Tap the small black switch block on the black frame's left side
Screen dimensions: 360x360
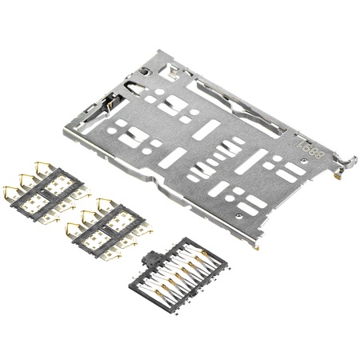(x=148, y=260)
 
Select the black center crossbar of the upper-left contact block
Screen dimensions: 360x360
(x=44, y=192)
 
